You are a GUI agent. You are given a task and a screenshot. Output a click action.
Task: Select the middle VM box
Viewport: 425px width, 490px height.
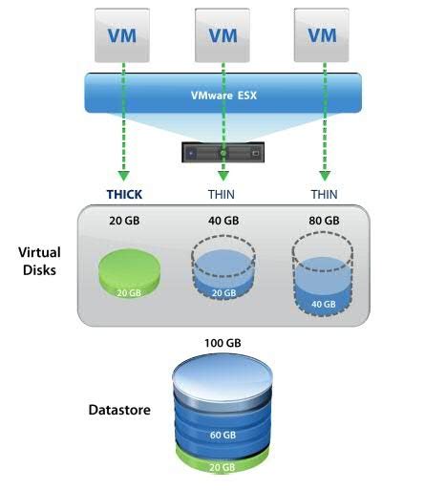pyautogui.click(x=222, y=35)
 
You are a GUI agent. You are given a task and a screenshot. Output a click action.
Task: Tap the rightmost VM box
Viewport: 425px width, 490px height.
pyautogui.click(x=323, y=35)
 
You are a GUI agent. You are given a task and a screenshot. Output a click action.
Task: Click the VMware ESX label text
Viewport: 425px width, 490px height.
pyautogui.click(x=223, y=96)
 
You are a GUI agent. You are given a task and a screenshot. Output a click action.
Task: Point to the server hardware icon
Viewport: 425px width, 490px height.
pyautogui.click(x=223, y=151)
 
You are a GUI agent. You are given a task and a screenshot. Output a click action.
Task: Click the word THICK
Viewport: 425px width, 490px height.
pyautogui.click(x=124, y=195)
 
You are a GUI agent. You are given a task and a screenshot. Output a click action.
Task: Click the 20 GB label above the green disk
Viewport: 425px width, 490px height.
pyautogui.click(x=124, y=221)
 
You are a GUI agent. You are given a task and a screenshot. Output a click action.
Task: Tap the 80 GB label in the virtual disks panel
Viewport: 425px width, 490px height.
pyautogui.click(x=324, y=221)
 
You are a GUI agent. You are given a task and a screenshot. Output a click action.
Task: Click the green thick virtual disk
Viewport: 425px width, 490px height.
pyautogui.click(x=124, y=275)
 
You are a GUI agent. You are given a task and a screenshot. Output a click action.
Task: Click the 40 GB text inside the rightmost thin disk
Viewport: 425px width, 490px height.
pyautogui.click(x=324, y=305)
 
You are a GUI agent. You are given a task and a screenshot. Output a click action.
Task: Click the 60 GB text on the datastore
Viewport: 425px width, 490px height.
pyautogui.click(x=222, y=436)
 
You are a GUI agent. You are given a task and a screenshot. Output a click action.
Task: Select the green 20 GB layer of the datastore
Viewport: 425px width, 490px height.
pyautogui.click(x=222, y=467)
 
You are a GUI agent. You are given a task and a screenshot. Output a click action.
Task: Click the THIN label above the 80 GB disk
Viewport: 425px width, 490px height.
pyautogui.click(x=324, y=195)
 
